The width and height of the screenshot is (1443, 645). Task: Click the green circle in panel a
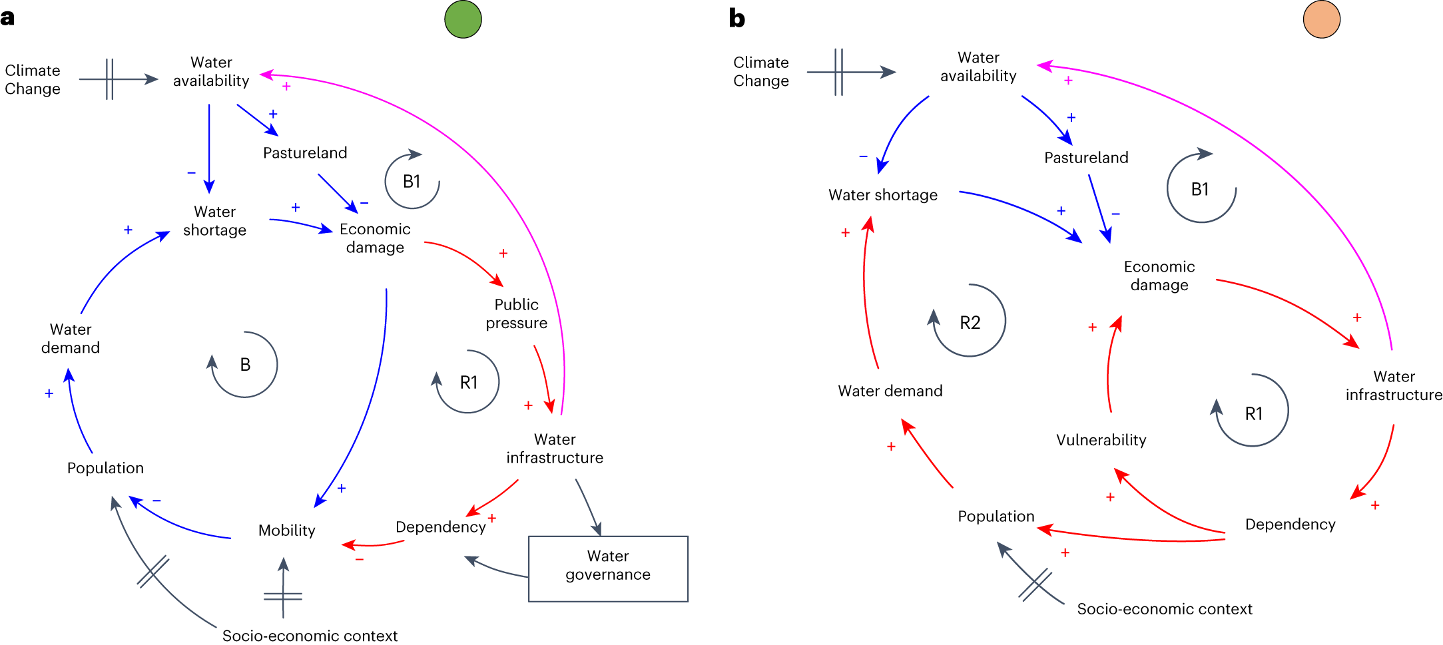point(463,19)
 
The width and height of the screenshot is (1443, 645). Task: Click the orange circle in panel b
point(1321,19)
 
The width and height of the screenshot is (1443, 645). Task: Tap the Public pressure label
point(516,314)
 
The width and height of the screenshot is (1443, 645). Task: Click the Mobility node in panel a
point(286,531)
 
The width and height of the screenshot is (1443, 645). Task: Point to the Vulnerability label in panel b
point(1101,440)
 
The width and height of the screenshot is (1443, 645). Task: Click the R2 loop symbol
point(970,322)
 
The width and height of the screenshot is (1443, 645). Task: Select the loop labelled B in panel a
point(244,365)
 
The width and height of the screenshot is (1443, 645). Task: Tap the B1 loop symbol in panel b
point(1200,189)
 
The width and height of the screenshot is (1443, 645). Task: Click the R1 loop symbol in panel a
point(468,382)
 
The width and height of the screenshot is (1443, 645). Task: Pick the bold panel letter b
point(736,19)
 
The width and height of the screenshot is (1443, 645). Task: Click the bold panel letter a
point(7,18)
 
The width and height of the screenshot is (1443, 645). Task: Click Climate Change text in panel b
point(760,71)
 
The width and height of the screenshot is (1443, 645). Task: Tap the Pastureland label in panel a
point(305,153)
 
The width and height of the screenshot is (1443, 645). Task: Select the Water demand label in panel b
point(890,391)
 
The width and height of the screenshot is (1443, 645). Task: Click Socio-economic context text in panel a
point(310,636)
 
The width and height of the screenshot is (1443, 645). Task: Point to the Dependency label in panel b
point(1290,525)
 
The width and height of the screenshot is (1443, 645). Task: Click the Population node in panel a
point(105,468)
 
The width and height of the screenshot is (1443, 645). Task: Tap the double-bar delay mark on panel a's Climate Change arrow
point(109,79)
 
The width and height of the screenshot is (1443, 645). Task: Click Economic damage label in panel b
point(1159,276)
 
